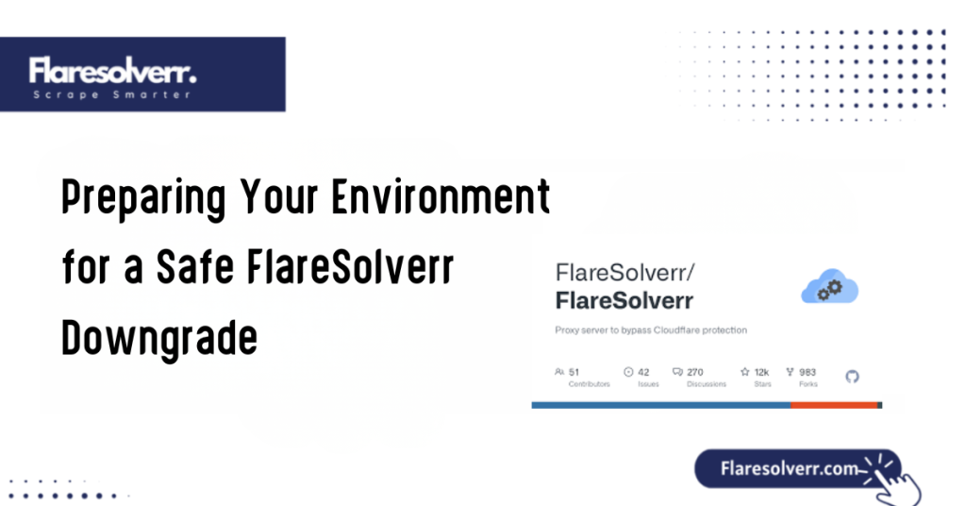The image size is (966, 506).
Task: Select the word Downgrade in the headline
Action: tap(159, 338)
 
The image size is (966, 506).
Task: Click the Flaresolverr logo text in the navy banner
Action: tap(111, 71)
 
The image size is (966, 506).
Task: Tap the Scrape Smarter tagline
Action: tap(111, 94)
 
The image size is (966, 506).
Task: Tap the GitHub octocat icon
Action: tap(853, 377)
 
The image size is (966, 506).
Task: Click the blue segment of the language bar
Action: tap(660, 405)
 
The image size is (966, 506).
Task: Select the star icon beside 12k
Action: tap(744, 372)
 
